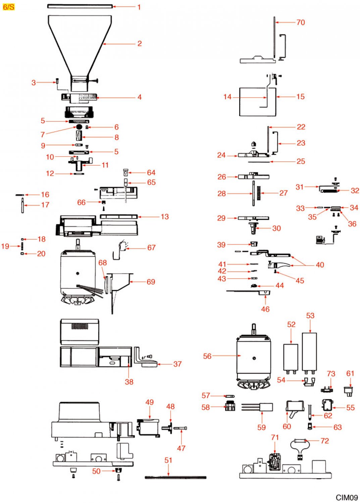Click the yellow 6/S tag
tap(8, 7)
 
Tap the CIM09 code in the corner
tap(347, 498)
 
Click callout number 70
tap(301, 22)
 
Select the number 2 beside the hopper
tap(140, 44)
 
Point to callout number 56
tap(207, 356)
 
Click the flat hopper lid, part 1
tap(80, 6)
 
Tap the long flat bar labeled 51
tap(175, 477)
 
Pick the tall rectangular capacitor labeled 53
tap(309, 351)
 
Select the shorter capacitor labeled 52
tap(291, 357)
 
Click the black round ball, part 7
tap(79, 127)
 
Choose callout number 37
tap(177, 364)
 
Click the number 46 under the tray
tap(265, 309)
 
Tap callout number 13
tap(165, 217)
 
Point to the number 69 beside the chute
tap(151, 282)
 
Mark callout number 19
tap(5, 246)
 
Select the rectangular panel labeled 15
tap(258, 102)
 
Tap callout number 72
tap(325, 441)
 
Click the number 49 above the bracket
tap(150, 402)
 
